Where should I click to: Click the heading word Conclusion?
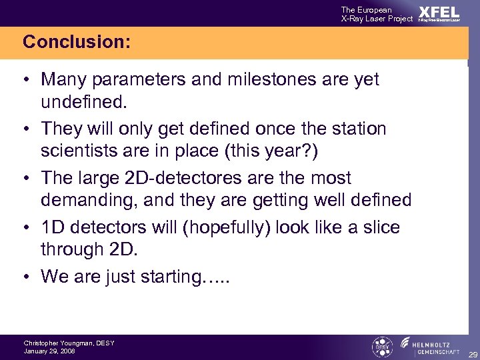click(76, 42)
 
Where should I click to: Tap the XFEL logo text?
click(439, 13)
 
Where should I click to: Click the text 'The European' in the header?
click(366, 9)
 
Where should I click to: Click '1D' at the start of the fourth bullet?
click(53, 227)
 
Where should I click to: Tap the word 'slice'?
click(379, 227)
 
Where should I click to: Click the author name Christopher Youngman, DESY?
click(69, 343)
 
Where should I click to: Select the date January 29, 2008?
click(49, 351)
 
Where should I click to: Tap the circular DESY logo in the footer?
click(381, 347)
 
